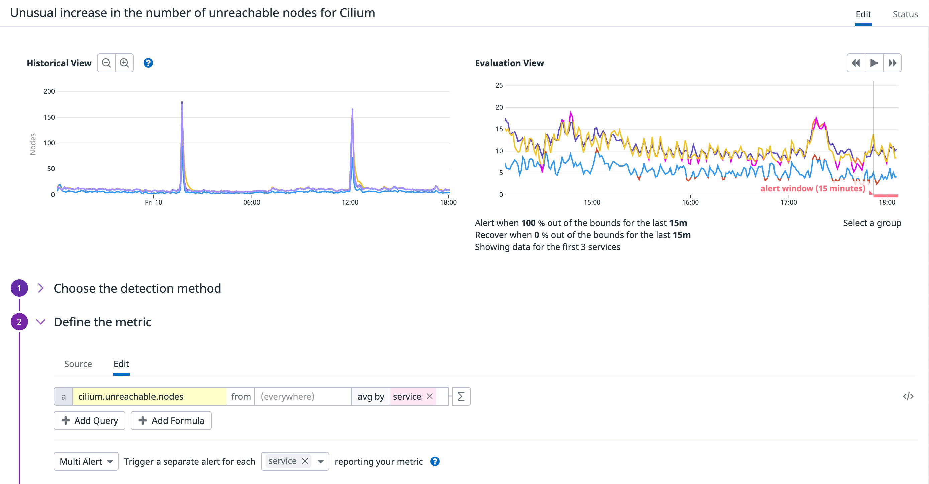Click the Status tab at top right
coord(905,14)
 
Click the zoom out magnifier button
coord(106,63)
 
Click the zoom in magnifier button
coord(124,63)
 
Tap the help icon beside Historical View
coord(148,63)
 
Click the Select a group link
coord(872,223)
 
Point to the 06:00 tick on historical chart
coord(252,202)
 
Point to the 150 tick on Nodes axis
coord(49,117)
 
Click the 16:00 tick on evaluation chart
coord(690,202)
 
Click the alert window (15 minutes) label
coord(813,189)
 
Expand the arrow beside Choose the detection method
coord(41,288)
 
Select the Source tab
coord(78,364)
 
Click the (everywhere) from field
coord(303,397)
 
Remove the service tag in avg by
coord(429,396)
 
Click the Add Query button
coord(89,420)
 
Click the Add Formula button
coord(171,420)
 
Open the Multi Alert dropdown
coord(86,462)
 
